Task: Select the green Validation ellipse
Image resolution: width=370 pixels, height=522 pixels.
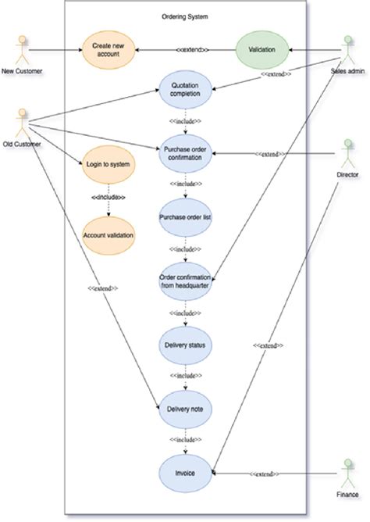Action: (261, 50)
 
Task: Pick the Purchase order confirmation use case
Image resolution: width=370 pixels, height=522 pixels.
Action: (185, 154)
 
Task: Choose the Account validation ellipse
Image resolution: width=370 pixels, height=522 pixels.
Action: (109, 235)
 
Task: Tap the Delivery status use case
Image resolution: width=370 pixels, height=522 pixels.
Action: (185, 344)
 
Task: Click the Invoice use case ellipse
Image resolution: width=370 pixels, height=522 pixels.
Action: (185, 472)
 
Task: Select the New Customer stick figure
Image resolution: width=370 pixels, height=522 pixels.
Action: (23, 49)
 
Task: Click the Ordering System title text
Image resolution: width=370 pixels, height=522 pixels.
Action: (185, 15)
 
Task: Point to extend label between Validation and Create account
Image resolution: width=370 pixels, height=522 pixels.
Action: (190, 50)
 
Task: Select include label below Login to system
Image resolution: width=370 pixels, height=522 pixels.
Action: (109, 198)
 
